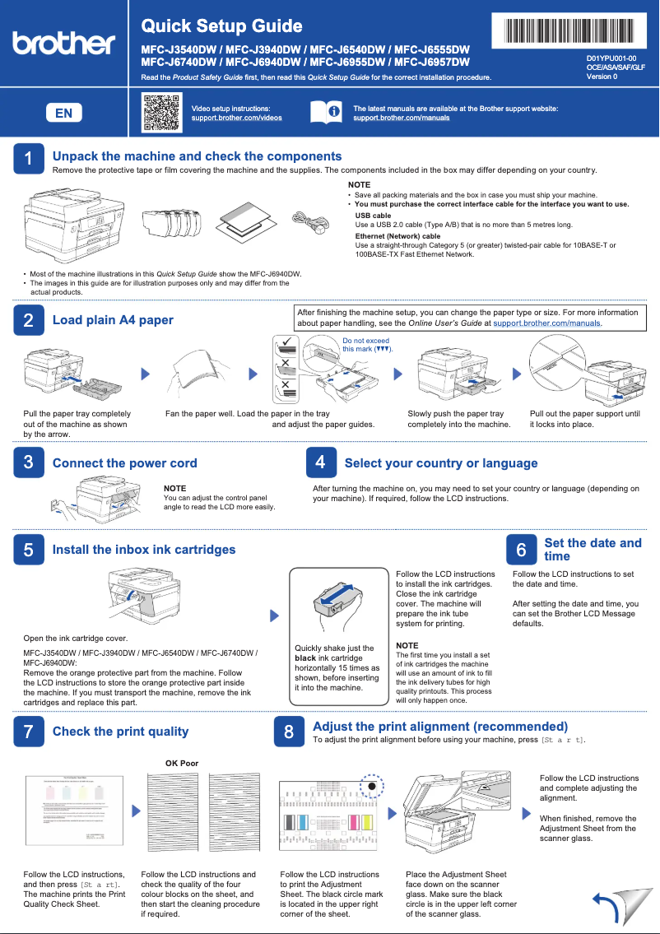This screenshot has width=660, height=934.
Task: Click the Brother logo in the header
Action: coord(63,43)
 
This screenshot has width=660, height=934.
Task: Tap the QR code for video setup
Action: coord(161,113)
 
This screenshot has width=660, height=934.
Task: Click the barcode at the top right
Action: coord(568,31)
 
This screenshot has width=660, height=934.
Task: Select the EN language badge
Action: coord(63,113)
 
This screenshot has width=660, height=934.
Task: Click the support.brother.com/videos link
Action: coord(236,118)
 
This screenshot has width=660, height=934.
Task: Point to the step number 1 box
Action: coord(28,159)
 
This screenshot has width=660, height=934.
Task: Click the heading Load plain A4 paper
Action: coord(113,320)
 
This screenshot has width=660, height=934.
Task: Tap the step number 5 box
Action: coord(28,550)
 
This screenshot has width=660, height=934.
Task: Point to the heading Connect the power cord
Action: coord(124,463)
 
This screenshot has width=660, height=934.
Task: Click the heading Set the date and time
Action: coord(593,550)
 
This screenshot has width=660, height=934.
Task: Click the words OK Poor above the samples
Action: coord(182,764)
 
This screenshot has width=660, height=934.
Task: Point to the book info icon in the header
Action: coord(325,113)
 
